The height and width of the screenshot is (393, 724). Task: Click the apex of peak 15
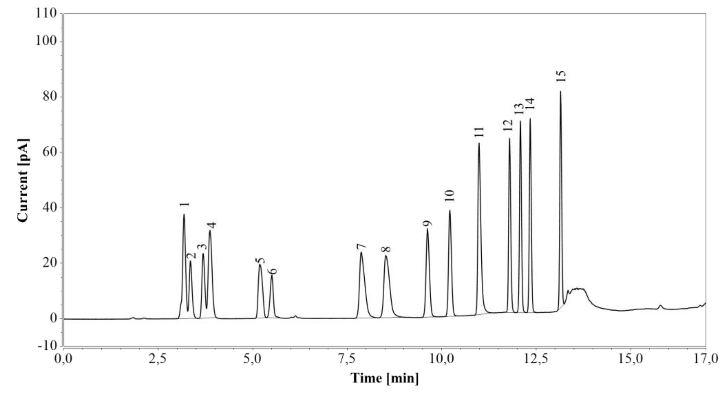pyautogui.click(x=560, y=92)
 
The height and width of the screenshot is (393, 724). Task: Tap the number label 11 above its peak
pyautogui.click(x=479, y=132)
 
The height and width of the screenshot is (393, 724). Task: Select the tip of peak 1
pyautogui.click(x=184, y=215)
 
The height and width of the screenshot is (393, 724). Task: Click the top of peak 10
pyautogui.click(x=450, y=211)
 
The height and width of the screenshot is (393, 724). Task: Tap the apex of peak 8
pyautogui.click(x=386, y=256)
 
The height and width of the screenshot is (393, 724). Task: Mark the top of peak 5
pyautogui.click(x=260, y=265)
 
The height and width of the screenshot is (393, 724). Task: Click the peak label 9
pyautogui.click(x=427, y=223)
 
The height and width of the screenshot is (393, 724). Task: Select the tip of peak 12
pyautogui.click(x=509, y=139)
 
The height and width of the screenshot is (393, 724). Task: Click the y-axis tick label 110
pyautogui.click(x=46, y=13)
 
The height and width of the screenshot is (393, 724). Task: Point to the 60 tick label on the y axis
pyautogui.click(x=50, y=152)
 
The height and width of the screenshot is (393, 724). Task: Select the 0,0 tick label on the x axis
pyautogui.click(x=64, y=359)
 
